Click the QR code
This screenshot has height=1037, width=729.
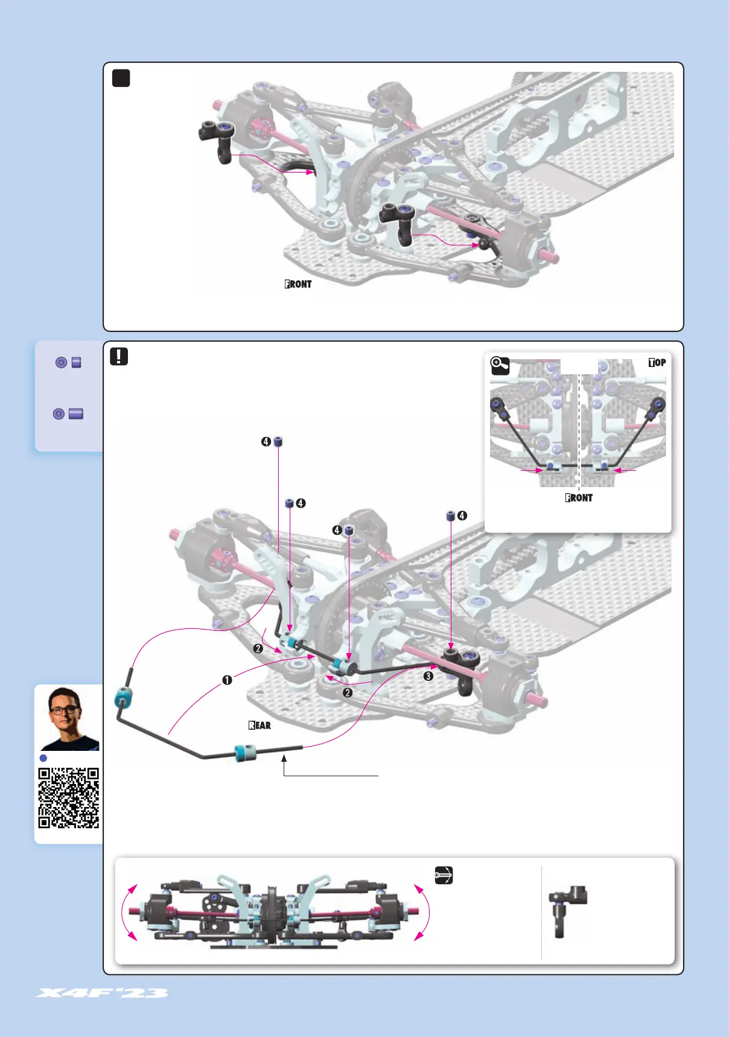pos(68,797)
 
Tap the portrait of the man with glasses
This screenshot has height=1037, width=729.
pos(68,718)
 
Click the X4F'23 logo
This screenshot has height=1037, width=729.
pos(101,993)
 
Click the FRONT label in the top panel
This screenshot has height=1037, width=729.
pos(298,284)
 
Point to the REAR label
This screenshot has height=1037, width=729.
pos(259,725)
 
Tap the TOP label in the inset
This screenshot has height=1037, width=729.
pos(657,362)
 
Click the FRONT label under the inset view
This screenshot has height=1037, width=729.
pos(579,497)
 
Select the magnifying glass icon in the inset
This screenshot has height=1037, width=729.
pos(500,366)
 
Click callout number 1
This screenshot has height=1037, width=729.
pos(227,680)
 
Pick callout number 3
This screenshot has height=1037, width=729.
pos(428,676)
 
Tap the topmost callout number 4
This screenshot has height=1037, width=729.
pos(266,442)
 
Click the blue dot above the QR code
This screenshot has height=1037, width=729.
pos(43,758)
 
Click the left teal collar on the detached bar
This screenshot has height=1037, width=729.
pos(123,698)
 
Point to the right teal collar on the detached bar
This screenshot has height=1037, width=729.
pos(246,753)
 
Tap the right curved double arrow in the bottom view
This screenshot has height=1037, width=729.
pos(422,912)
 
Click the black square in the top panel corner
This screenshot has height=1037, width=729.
pos(121,78)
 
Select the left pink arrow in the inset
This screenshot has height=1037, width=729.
pos(531,470)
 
